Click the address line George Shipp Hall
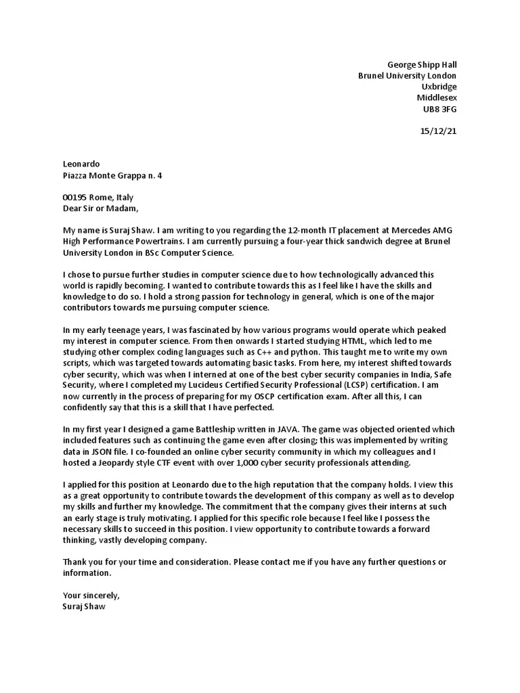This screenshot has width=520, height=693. (x=422, y=65)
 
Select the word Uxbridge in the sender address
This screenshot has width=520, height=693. (x=439, y=87)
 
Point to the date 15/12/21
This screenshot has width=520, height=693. (x=439, y=131)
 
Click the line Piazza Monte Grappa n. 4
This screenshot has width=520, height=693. (x=112, y=175)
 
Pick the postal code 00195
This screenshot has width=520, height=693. (x=75, y=198)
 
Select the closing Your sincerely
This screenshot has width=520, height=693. (x=91, y=596)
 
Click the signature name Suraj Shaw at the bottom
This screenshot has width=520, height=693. (x=84, y=606)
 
